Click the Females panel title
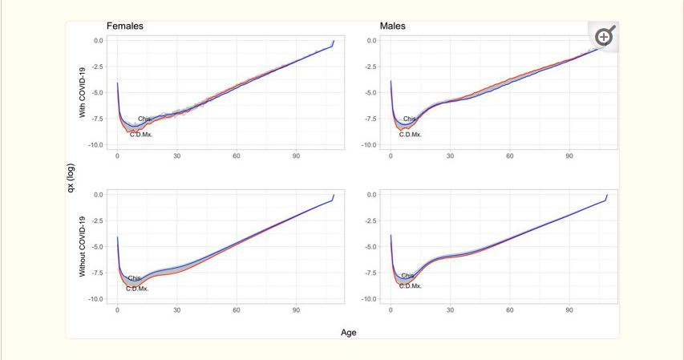pyautogui.click(x=125, y=26)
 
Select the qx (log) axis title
pyautogui.click(x=71, y=169)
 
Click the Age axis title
pyautogui.click(x=349, y=332)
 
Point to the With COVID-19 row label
pyautogui.click(x=82, y=92)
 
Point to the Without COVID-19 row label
pyautogui.click(x=82, y=246)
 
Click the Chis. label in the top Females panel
pyautogui.click(x=144, y=119)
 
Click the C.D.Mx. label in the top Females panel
pyautogui.click(x=140, y=134)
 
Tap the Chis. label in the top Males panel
pyautogui.click(x=410, y=119)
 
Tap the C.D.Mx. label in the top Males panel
pyautogui.click(x=411, y=134)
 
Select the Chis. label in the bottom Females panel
pyautogui.click(x=135, y=278)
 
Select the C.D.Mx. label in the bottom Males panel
pyautogui.click(x=411, y=285)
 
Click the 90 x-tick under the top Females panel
pyautogui.click(x=296, y=156)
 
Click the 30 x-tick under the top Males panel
pyautogui.click(x=451, y=156)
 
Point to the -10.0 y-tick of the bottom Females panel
pyautogui.click(x=95, y=299)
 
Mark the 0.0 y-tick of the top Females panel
pyautogui.click(x=98, y=40)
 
